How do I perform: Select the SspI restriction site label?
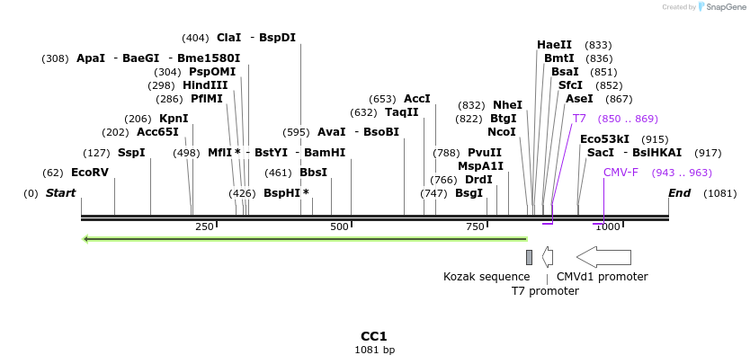click(131, 153)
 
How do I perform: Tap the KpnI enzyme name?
click(174, 119)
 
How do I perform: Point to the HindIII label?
click(205, 85)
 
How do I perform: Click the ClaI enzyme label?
click(229, 38)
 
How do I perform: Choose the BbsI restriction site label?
click(313, 173)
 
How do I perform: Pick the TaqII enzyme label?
click(402, 112)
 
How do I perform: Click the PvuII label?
click(485, 153)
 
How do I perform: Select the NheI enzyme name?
click(507, 105)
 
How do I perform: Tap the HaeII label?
click(554, 45)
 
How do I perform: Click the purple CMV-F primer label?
click(621, 173)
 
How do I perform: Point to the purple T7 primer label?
click(579, 119)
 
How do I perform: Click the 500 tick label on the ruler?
click(339, 226)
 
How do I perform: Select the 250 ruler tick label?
click(204, 226)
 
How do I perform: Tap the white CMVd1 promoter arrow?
click(603, 257)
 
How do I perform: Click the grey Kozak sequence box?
click(530, 258)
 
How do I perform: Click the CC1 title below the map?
click(374, 336)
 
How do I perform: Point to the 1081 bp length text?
click(374, 351)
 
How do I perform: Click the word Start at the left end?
click(60, 193)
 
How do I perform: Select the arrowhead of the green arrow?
click(86, 239)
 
